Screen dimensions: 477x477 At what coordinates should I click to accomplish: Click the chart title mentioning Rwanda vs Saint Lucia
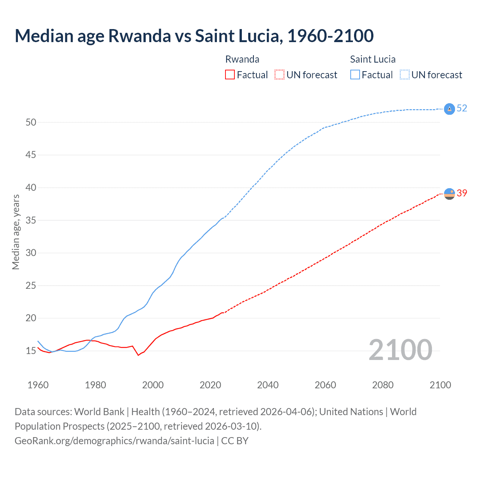click(194, 36)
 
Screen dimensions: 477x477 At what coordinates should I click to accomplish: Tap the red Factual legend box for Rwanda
click(230, 75)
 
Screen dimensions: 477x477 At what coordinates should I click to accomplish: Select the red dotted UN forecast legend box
click(279, 75)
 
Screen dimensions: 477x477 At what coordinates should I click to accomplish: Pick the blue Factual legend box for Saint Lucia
click(355, 75)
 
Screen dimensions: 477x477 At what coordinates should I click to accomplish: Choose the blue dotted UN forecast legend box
click(405, 75)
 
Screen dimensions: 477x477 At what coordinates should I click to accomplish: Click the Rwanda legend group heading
click(242, 59)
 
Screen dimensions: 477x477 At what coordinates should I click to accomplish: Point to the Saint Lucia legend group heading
click(373, 59)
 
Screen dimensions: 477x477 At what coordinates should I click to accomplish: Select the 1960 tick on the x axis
click(38, 385)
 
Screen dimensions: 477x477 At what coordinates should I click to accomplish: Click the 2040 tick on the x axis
click(268, 385)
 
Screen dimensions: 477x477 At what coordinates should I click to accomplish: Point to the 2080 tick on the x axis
click(383, 385)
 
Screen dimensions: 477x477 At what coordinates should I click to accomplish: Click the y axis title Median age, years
click(16, 232)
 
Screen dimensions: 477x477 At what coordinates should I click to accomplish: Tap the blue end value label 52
click(462, 108)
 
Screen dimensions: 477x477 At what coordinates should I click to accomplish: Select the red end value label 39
click(462, 193)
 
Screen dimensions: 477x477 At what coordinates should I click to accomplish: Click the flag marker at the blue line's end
click(449, 109)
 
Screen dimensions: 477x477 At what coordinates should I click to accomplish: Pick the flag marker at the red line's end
click(449, 194)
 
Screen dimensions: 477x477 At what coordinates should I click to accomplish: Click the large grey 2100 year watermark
click(400, 350)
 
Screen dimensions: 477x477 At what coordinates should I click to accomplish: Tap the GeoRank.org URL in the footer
click(114, 441)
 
